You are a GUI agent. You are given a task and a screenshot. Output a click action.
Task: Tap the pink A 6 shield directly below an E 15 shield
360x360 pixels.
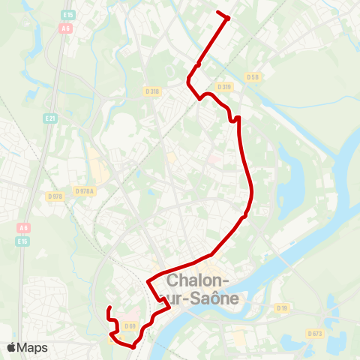67,28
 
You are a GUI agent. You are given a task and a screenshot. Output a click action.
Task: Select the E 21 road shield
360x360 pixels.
51,118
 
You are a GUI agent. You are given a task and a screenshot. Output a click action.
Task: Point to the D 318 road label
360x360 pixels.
153,91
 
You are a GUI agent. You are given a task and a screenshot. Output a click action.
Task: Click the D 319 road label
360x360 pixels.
225,86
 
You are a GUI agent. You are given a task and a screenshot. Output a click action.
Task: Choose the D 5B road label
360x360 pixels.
253,77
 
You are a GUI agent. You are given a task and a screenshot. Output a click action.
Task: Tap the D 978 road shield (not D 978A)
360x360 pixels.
55,196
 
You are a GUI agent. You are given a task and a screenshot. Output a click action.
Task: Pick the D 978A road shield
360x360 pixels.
85,191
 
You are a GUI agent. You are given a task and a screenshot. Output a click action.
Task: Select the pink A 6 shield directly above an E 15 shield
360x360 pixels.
24,228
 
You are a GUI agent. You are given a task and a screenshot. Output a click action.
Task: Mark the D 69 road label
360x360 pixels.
130,325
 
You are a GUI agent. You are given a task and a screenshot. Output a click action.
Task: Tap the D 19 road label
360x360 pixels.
282,308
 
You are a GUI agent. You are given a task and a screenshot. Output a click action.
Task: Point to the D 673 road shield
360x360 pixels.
315,333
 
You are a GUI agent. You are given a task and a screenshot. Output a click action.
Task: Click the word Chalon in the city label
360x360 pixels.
196,282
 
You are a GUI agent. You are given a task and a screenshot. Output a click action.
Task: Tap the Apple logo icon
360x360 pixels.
12,347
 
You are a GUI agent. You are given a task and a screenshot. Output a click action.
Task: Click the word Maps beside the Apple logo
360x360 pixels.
32,347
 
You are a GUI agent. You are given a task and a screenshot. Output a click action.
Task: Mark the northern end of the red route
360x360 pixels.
218,13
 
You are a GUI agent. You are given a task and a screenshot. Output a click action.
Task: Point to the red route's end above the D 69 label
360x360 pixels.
109,308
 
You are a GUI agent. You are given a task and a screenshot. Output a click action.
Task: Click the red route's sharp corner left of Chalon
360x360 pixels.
148,283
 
